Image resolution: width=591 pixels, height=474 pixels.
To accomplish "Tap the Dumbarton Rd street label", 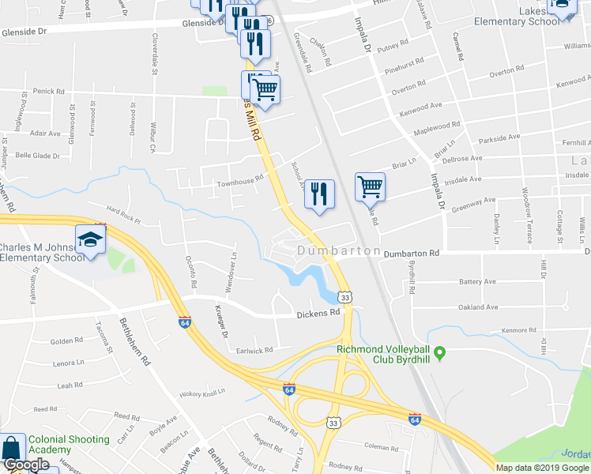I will coord(411,254).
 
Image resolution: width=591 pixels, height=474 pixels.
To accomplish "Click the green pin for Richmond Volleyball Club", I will coord(441,352).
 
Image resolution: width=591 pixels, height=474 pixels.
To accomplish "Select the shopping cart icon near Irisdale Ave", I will coord(370,188).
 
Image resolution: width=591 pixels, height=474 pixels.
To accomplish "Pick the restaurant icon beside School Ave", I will coord(319,194).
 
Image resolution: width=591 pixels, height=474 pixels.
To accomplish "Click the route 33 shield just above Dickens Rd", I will coord(343,297).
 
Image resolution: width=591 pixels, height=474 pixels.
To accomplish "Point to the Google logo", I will coord(26,465).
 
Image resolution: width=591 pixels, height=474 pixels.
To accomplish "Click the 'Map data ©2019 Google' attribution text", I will coord(541,468).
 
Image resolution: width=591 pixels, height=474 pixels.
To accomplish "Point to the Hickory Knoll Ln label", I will coord(202,392).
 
